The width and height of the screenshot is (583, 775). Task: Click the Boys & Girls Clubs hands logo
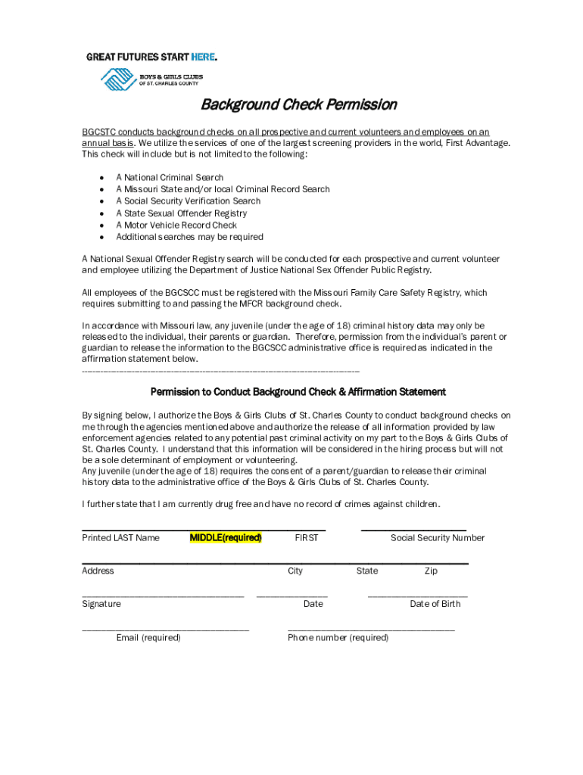point(117,79)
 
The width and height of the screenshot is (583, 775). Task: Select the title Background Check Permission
point(298,104)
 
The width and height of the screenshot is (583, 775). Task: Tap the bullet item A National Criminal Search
point(170,177)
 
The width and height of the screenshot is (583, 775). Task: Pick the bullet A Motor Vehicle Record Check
point(176,225)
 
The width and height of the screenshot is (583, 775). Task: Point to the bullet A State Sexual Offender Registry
point(181,213)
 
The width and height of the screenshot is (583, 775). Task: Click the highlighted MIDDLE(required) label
point(226,537)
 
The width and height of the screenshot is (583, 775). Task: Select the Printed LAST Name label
point(120,537)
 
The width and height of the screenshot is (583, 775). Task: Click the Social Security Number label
point(438,537)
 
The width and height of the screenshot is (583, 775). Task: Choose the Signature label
point(101,604)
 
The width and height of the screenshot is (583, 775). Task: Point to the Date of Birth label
point(435,604)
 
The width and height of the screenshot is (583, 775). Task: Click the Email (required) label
point(148,637)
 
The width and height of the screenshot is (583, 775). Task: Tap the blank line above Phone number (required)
point(371,630)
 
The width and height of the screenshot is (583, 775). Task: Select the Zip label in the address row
point(431,571)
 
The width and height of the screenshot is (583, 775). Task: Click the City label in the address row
point(295,571)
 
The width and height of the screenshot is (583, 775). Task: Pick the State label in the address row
point(367,571)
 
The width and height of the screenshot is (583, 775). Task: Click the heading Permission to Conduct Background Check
point(298,392)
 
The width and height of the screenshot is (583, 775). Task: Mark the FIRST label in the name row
point(307,537)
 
